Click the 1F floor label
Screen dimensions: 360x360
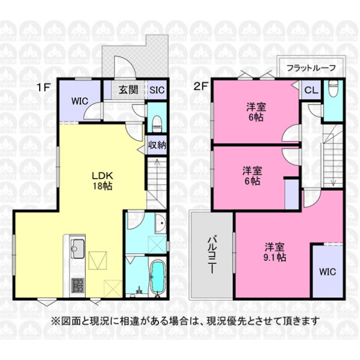[43, 88]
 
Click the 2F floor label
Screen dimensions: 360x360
[200, 87]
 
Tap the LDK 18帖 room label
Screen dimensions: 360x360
[103, 181]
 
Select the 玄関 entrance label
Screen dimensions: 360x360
[128, 90]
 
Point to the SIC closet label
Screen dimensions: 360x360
[157, 90]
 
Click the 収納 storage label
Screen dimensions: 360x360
[157, 145]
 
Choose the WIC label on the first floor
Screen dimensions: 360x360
[79, 101]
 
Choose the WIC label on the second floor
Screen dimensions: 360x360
[328, 272]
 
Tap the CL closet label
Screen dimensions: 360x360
[311, 90]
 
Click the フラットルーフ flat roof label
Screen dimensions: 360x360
[311, 68]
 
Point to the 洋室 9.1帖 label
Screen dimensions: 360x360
[274, 252]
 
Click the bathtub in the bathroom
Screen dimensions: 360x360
[157, 277]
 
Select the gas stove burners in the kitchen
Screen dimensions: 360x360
[78, 285]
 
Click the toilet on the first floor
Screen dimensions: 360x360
[157, 124]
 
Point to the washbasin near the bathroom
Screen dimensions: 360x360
[160, 223]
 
